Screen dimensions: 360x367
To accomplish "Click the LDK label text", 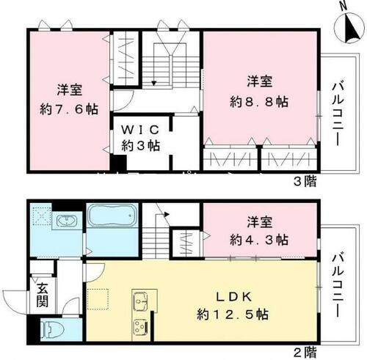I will coord(234,297).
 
